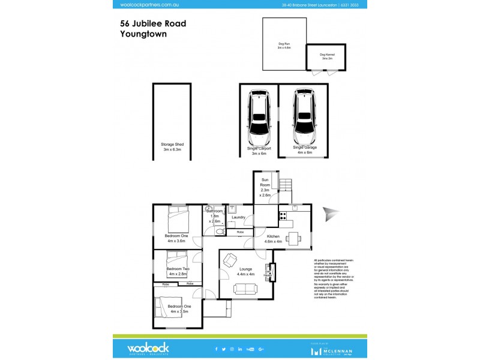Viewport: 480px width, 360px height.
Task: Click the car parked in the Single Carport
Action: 259,116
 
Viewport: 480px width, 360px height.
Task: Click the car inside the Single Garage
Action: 304,116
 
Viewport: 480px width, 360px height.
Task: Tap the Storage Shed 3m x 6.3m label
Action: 172,148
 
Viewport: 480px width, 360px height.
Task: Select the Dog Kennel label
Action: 327,56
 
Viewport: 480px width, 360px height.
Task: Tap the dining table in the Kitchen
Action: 293,238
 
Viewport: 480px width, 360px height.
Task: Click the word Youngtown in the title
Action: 143,34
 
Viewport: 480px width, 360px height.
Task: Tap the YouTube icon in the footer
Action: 250,349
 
